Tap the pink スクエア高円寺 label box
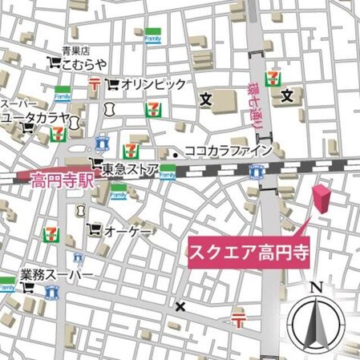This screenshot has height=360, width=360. point(248,250)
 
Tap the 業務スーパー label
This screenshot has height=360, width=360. point(57,276)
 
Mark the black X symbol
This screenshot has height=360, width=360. point(180,305)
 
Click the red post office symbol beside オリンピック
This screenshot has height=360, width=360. point(95,83)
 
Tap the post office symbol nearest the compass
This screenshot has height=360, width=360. point(238,321)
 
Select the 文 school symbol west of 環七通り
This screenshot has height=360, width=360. point(204,99)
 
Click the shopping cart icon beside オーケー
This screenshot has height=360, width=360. point(96,229)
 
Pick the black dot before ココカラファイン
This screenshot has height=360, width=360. point(175,151)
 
